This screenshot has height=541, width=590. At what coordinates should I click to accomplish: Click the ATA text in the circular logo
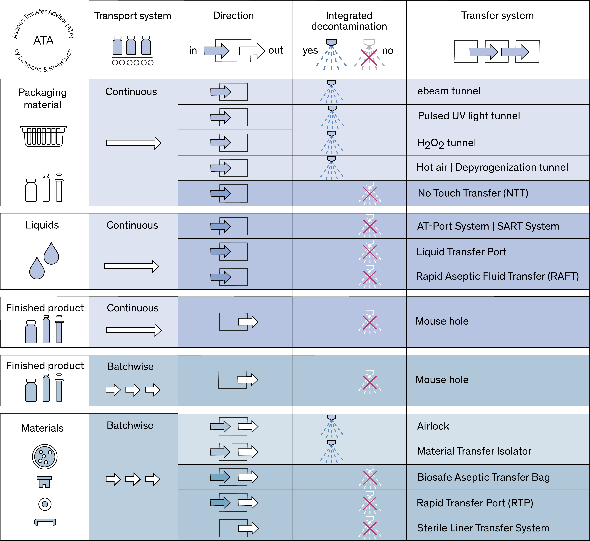(44, 40)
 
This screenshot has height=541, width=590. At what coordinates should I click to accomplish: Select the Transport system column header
(133, 15)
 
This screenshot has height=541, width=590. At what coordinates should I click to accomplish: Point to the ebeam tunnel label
(449, 91)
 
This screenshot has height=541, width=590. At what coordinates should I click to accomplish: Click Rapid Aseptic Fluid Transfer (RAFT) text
(497, 276)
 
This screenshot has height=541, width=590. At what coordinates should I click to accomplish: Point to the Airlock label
(433, 426)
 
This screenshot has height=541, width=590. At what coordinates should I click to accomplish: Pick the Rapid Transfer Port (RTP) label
(475, 503)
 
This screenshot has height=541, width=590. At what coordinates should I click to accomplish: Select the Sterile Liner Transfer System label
(483, 528)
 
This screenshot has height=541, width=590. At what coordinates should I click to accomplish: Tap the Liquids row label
(42, 225)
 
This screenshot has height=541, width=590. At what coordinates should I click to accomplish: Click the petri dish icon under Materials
(44, 456)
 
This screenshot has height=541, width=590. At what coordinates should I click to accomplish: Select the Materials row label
(42, 428)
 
